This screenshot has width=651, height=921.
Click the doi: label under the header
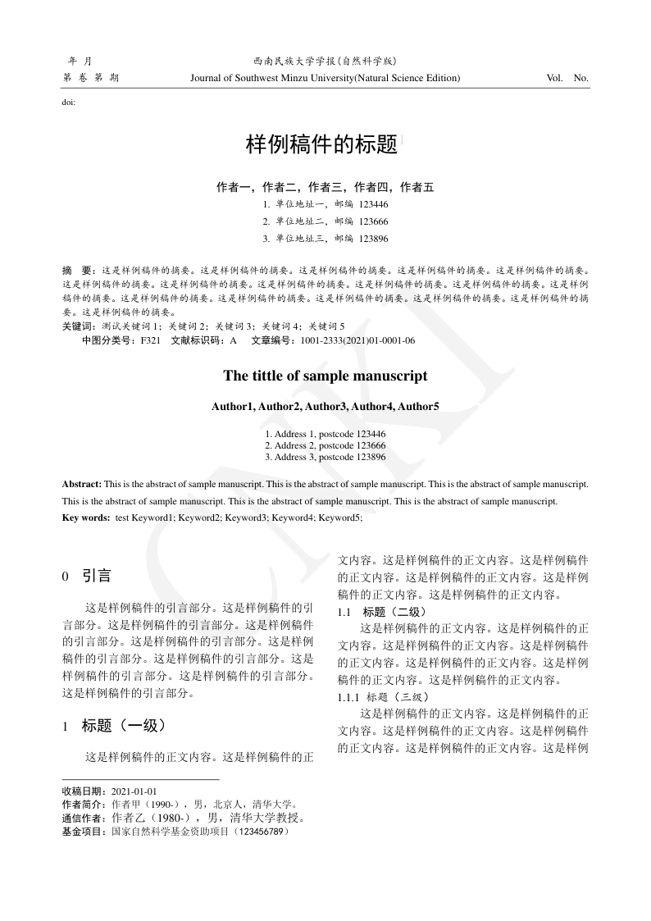coord(69,103)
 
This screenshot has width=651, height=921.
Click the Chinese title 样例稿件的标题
coord(321,145)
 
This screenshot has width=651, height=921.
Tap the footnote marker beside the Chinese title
coord(401,139)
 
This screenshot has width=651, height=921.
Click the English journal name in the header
coord(325,78)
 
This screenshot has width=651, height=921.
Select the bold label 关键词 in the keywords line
coord(78,326)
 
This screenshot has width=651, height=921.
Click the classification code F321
coord(151,340)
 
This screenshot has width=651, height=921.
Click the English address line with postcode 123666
coord(325,445)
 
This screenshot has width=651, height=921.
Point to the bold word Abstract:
coord(82,485)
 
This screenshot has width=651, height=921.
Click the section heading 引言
coord(97,576)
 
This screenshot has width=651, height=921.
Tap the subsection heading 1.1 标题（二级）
coord(382,612)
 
